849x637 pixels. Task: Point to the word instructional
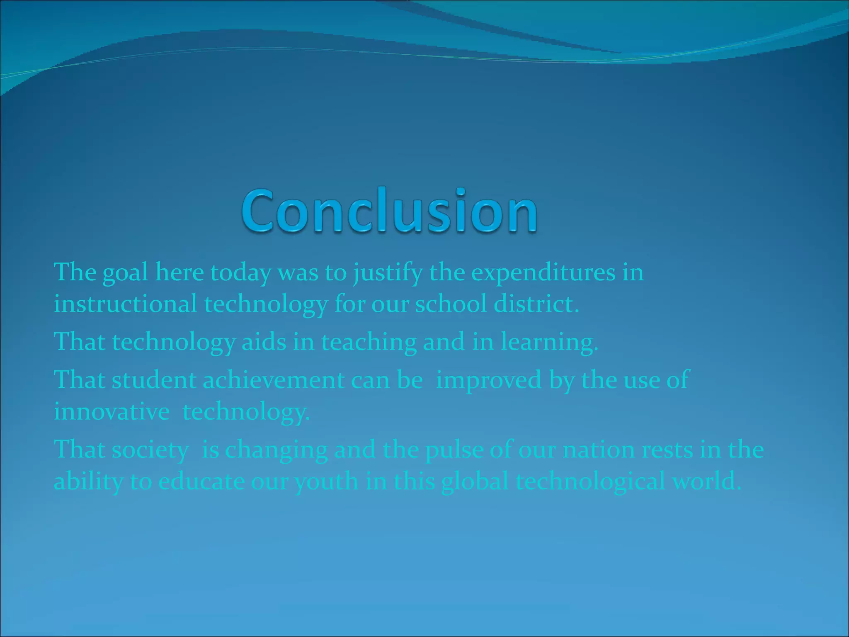125,304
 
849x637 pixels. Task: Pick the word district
536,304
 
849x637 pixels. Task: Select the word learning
549,343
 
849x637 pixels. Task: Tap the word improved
488,380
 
